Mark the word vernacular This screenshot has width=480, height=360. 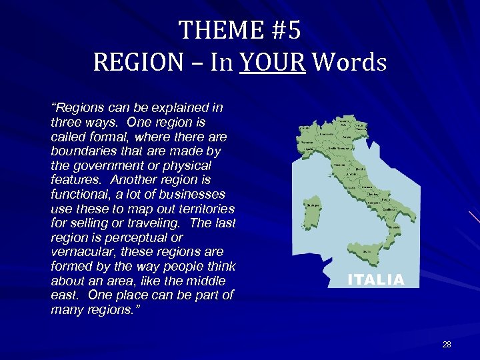tap(83, 252)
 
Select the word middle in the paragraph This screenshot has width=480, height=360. tap(205, 281)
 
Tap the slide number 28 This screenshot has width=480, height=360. tap(446, 345)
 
